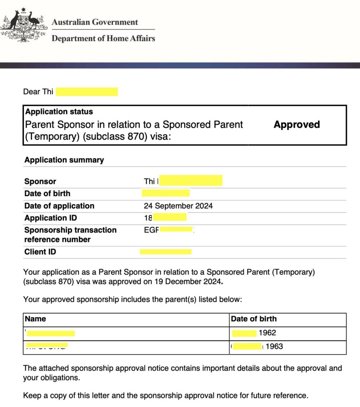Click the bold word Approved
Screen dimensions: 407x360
click(x=296, y=125)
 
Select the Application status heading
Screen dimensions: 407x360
click(x=59, y=112)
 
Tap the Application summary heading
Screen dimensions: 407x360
click(x=64, y=160)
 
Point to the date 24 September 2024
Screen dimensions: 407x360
click(x=178, y=206)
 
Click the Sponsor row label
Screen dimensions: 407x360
click(x=40, y=182)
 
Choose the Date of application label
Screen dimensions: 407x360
click(x=59, y=206)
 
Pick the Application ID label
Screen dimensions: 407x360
click(x=51, y=218)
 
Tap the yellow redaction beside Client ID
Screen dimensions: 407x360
click(x=165, y=252)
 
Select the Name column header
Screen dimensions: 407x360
click(x=35, y=319)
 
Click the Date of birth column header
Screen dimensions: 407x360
click(x=254, y=319)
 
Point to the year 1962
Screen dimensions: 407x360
click(x=267, y=333)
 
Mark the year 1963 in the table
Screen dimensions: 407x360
click(x=274, y=347)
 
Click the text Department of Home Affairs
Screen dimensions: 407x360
click(x=103, y=39)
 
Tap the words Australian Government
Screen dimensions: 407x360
click(x=95, y=22)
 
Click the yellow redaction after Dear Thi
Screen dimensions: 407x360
click(x=87, y=92)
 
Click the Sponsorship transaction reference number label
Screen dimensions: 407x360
click(x=70, y=235)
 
